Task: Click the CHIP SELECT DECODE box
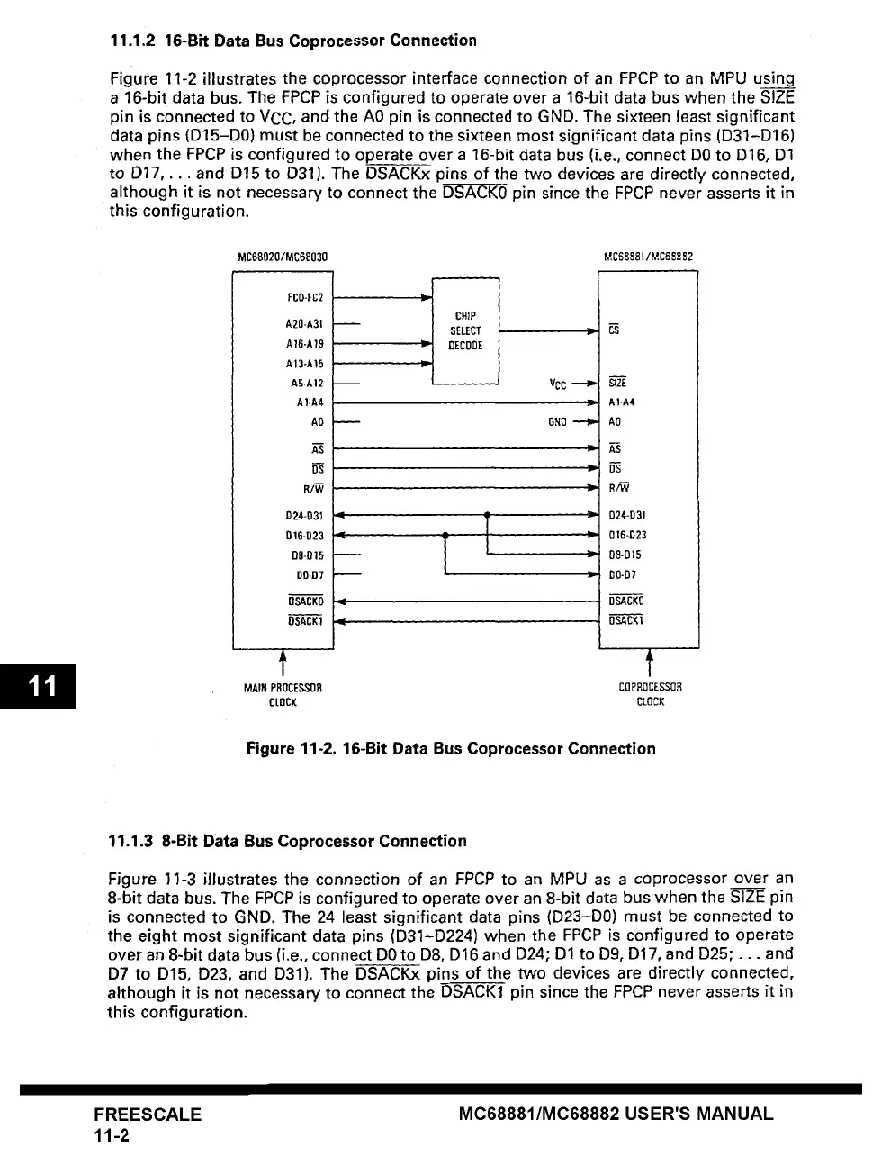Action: pos(465,330)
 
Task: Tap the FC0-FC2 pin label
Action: pos(304,297)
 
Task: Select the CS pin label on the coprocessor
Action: pos(614,330)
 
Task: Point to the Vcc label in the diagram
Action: pos(558,383)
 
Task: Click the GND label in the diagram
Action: pos(558,421)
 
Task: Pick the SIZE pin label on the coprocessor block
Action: pos(618,383)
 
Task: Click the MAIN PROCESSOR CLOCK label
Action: pos(283,694)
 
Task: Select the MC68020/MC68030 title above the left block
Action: pos(283,257)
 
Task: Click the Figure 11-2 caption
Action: pos(451,748)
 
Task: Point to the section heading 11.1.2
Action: pos(292,41)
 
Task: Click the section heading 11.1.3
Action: pos(287,841)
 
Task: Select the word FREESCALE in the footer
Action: pos(148,1114)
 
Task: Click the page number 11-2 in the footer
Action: pos(112,1135)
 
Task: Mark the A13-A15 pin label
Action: pos(304,364)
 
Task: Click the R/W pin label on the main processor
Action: pos(313,489)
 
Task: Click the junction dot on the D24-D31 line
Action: pos(486,516)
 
